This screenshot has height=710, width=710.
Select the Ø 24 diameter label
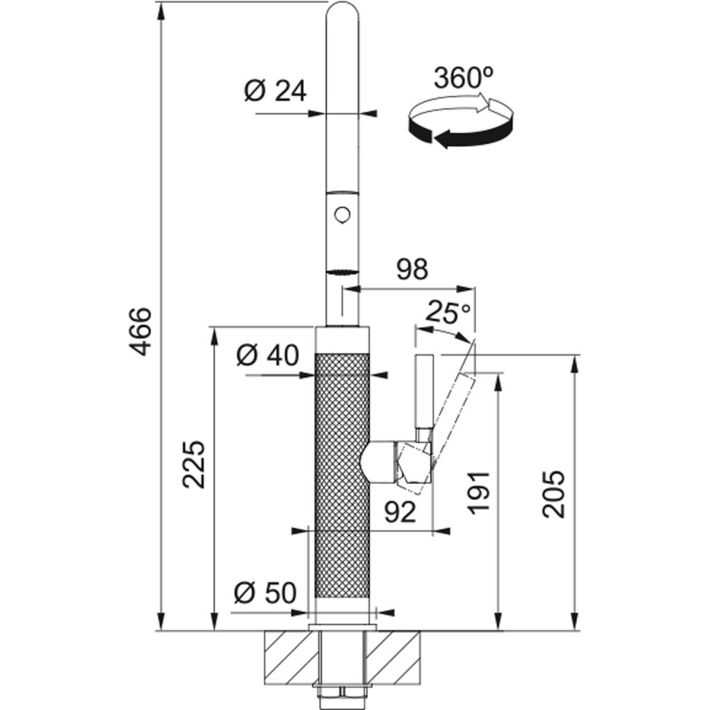tap(275, 91)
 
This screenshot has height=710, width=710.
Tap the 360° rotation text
tap(463, 77)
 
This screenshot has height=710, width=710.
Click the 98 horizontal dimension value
tap(412, 270)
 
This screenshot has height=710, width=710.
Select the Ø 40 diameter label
tap(268, 355)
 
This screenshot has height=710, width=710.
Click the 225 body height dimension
tap(193, 464)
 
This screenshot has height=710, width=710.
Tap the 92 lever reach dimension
tap(400, 513)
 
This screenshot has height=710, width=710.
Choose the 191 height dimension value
tap(478, 493)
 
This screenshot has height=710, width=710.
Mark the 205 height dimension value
tap(554, 494)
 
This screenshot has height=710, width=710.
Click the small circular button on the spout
tap(342, 214)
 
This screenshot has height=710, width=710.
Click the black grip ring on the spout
tap(342, 273)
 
